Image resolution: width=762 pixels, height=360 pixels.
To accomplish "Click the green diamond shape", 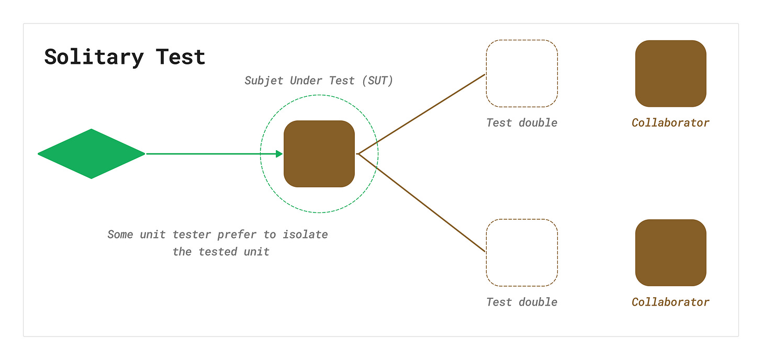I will coord(91,154).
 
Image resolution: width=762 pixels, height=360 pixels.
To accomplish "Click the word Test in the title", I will coord(181,57).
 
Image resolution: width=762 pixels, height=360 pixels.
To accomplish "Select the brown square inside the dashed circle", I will coord(319,154).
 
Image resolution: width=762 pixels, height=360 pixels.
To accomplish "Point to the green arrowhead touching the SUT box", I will coord(279,154).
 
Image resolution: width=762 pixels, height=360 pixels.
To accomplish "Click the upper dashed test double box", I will coord(522,73).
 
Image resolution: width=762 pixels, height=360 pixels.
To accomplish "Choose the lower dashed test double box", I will coord(522,253).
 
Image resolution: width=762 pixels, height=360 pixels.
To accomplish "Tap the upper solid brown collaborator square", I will coord(670,73).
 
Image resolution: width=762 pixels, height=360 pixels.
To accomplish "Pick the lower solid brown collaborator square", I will coord(670,253).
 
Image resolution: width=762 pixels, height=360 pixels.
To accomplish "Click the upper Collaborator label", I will coord(670,123).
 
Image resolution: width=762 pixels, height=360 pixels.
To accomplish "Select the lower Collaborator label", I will coord(670,302).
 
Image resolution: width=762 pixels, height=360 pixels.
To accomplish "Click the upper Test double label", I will coord(522,123).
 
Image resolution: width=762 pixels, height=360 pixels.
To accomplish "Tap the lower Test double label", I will coord(522,302).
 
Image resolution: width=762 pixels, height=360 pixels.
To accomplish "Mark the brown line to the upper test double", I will coord(422,114).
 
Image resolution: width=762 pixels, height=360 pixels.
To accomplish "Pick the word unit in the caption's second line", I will coord(256,252).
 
